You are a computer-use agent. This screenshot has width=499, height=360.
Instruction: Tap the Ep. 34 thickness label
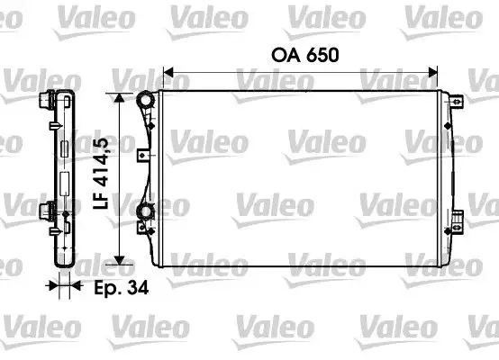pos(113,289)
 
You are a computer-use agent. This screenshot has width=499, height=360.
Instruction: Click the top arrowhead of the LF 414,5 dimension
pos(118,95)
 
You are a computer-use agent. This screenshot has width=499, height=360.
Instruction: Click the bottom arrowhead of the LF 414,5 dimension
pos(118,259)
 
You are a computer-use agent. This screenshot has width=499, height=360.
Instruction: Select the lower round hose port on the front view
pos(144,213)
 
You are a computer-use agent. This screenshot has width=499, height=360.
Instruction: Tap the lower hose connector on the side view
pos(45,212)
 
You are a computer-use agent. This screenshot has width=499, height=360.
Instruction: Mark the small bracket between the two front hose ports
pos(141,155)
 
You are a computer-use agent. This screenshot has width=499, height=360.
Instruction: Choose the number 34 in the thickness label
pos(135,289)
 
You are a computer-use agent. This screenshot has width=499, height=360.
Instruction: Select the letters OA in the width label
pos(282,55)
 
